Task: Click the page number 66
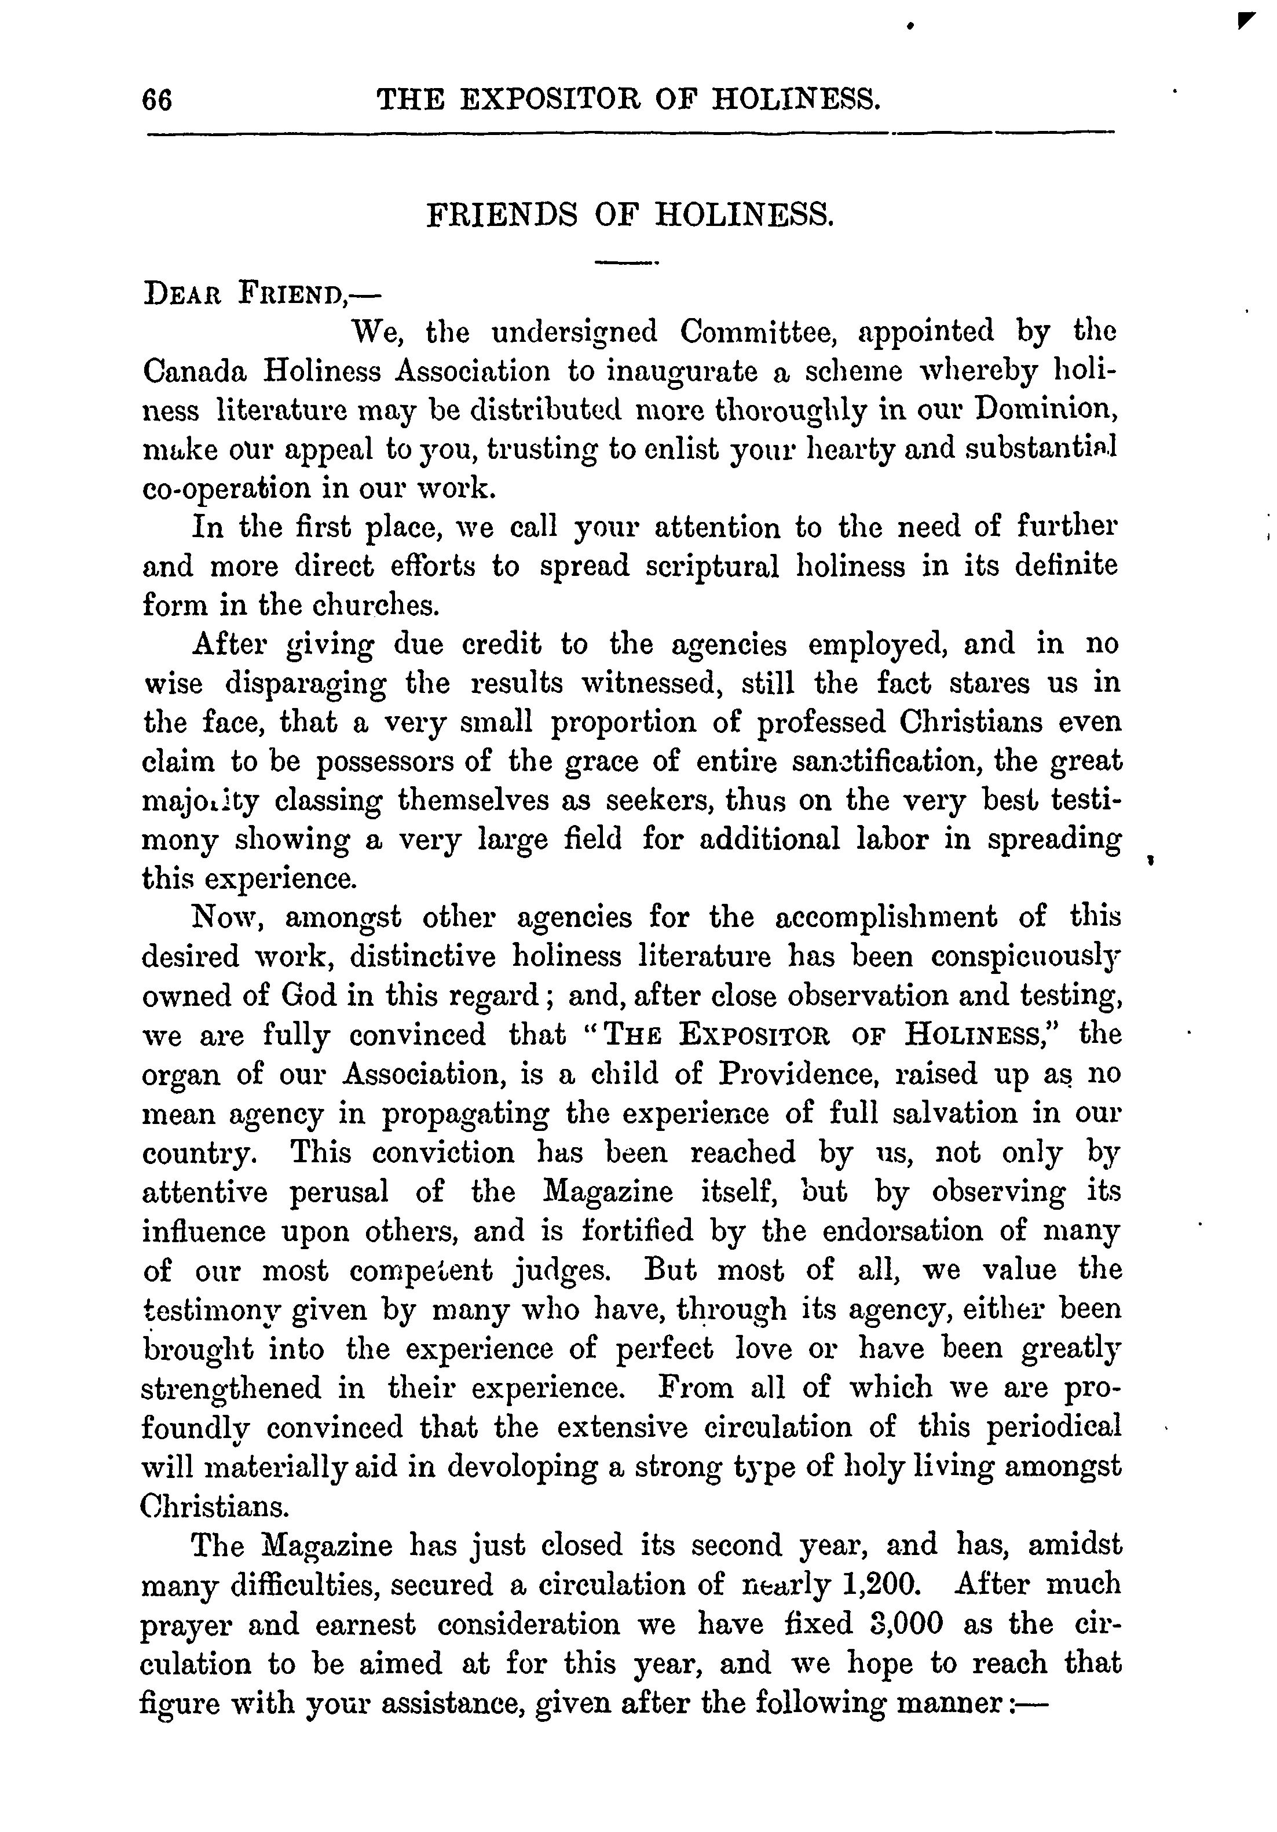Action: coord(156,101)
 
